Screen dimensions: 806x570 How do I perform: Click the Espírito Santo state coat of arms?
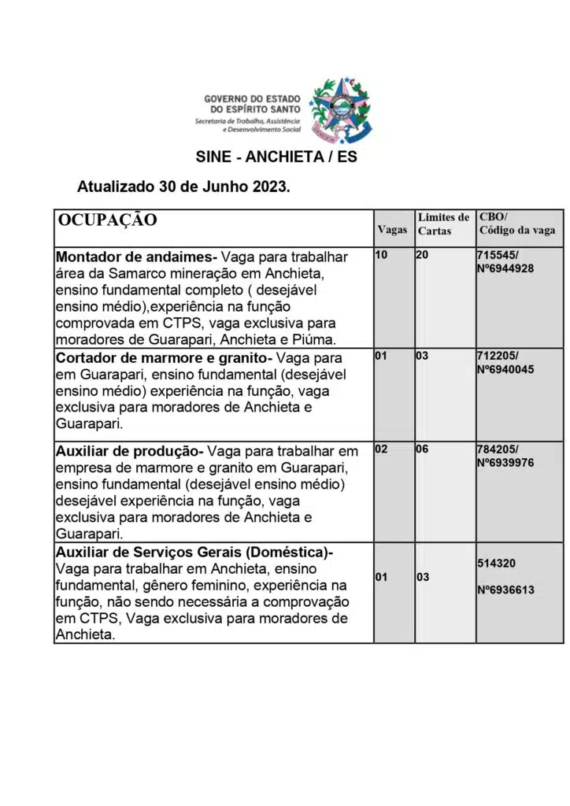[341, 109]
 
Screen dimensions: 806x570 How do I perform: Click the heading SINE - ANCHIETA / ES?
[276, 157]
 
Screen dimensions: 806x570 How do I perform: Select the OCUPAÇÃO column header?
[107, 220]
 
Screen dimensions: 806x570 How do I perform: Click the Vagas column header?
[392, 230]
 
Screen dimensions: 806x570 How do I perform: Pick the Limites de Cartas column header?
[443, 224]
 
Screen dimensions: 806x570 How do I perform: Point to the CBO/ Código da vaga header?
[516, 224]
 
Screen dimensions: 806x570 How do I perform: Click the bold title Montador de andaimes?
[135, 257]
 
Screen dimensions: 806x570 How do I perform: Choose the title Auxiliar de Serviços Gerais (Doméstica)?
[194, 553]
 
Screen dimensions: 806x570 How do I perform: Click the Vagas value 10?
[381, 256]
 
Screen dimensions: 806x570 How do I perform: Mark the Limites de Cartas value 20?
[422, 256]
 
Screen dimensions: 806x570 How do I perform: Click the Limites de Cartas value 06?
[422, 449]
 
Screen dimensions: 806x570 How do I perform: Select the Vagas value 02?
[381, 449]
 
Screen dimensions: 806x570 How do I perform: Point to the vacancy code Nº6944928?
[505, 268]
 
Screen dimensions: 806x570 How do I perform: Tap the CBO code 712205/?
[498, 356]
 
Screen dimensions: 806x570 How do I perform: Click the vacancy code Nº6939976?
[505, 463]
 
